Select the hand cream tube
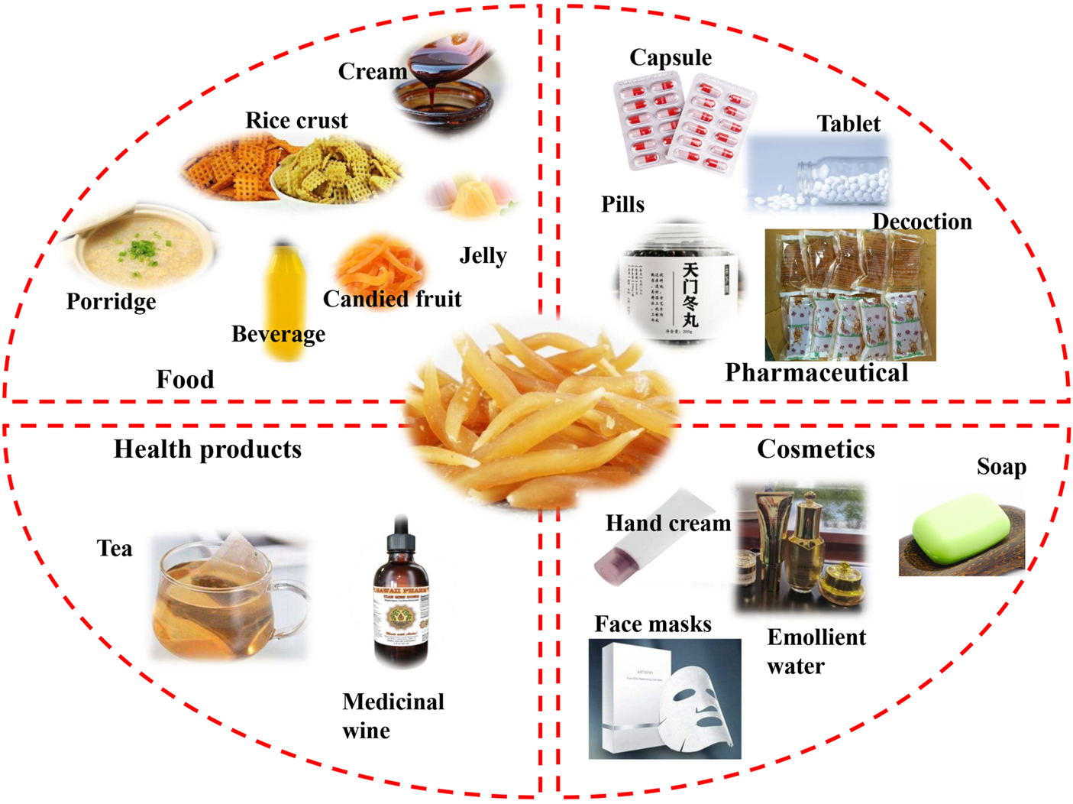pos(653,539)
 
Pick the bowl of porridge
pos(137,248)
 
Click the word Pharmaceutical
pos(816,372)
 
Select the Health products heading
pos(208,449)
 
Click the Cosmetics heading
pos(816,449)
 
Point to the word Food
pos(185,379)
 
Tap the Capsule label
pos(671,57)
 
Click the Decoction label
pos(922,222)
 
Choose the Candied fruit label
pos(392,299)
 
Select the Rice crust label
pos(296,120)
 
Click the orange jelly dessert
pos(470,195)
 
